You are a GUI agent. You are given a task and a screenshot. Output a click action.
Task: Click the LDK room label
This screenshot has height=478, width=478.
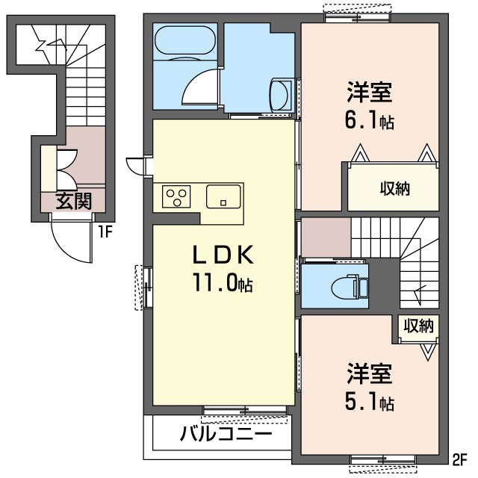pos(223,255)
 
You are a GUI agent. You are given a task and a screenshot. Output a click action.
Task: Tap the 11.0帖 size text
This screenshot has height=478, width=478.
pos(223,283)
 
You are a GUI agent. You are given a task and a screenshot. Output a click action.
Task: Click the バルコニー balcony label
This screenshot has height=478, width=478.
pos(226,434)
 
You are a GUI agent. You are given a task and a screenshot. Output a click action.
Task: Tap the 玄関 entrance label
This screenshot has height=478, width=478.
pos(74,201)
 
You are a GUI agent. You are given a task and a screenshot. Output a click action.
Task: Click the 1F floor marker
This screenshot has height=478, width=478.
pos(105,233)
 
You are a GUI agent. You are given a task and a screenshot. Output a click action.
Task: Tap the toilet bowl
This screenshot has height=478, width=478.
pos(344,287)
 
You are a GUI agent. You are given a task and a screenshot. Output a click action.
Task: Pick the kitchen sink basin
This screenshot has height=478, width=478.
pos(223,196)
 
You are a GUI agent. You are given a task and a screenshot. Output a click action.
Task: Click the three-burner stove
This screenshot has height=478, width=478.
pos(176,196)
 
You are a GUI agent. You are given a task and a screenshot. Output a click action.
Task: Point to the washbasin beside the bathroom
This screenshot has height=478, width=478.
pos(281,94)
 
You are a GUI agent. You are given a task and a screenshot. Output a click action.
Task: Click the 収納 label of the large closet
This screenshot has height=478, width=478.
pos(395,188)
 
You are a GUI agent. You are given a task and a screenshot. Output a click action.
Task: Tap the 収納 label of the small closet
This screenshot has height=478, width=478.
pos(418,326)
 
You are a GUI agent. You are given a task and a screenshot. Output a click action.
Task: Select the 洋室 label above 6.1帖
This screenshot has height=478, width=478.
pos(369,92)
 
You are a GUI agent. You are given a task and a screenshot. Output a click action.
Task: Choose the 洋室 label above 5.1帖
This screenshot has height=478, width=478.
pos(369,373)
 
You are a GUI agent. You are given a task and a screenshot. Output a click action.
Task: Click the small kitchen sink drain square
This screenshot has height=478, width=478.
pos(223,202)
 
